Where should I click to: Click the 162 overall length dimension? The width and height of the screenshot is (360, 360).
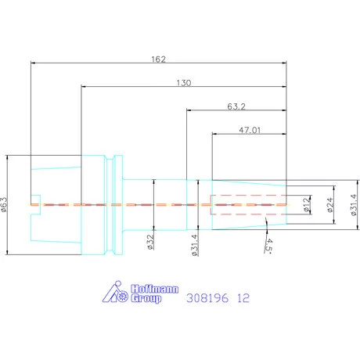(x=159, y=59)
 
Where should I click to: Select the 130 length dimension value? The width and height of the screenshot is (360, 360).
(x=184, y=83)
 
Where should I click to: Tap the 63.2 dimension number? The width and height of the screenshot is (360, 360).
(x=236, y=106)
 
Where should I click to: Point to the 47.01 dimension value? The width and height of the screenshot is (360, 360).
(x=250, y=130)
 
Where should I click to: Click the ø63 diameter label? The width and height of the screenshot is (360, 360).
(x=5, y=205)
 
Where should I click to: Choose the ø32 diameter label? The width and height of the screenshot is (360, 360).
(x=150, y=242)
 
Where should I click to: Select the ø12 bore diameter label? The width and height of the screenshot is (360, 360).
(x=308, y=204)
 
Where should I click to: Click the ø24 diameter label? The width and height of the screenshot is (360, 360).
(x=330, y=205)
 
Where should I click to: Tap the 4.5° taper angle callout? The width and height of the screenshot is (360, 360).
(x=268, y=246)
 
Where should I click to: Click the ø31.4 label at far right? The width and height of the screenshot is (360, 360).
(x=353, y=205)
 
